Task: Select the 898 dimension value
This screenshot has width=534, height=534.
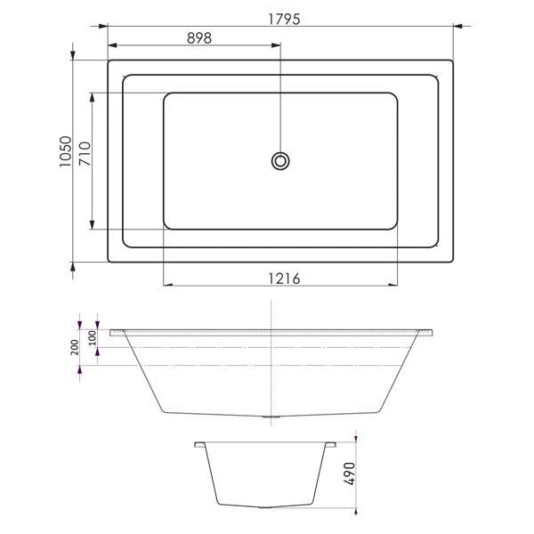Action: [198, 37]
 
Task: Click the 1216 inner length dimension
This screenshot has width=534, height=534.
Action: [280, 278]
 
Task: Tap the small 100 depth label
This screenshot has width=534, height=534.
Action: [91, 339]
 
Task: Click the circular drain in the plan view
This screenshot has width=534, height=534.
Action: [280, 160]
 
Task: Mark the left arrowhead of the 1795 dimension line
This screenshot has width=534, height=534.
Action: [111, 27]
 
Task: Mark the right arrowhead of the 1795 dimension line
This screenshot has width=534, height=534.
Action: [450, 27]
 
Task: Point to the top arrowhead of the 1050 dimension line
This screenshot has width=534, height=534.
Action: [73, 64]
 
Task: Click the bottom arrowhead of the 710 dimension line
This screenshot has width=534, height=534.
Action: [93, 225]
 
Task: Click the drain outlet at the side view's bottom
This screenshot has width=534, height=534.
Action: [271, 416]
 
